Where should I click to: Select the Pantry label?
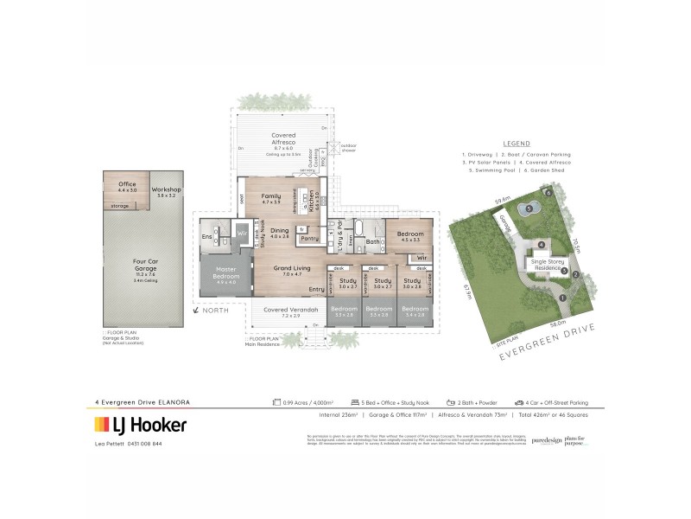pos(308,237)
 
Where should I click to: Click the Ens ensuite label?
pos(206,236)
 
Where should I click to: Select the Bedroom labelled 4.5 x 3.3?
pos(409,235)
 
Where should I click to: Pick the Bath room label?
pos(372,242)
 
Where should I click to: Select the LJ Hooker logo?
pos(140,425)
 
